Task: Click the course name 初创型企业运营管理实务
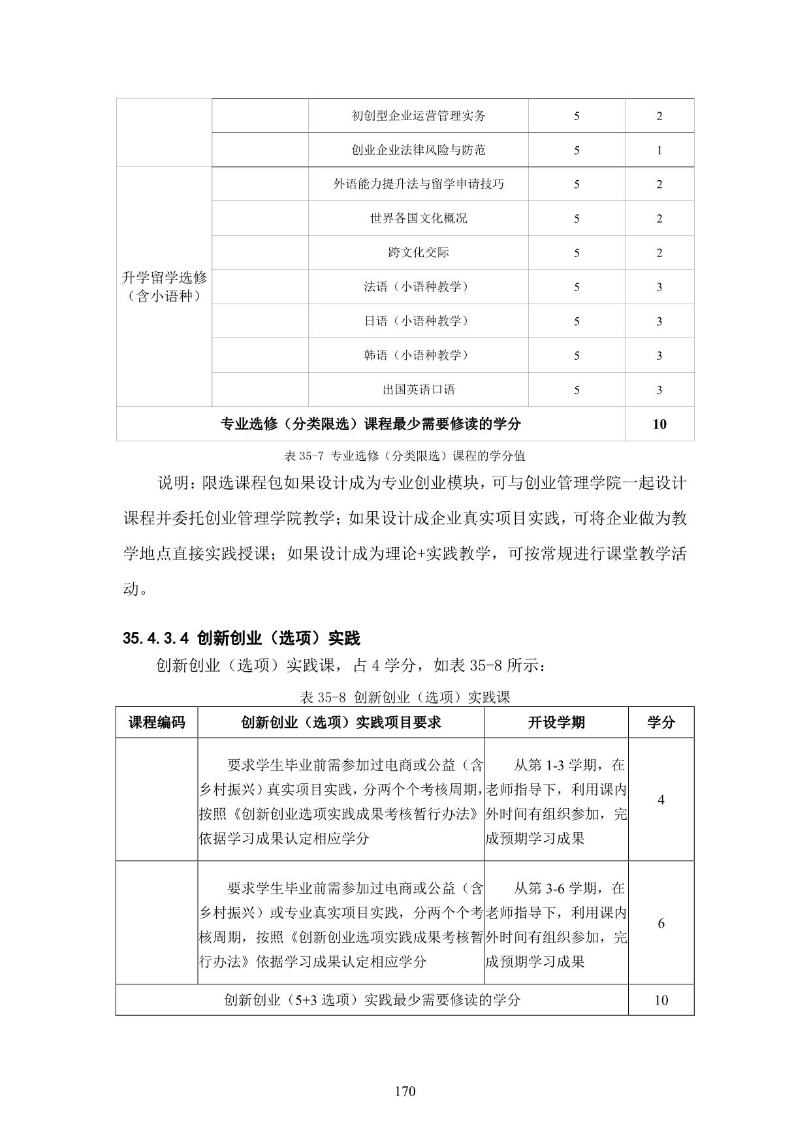pyautogui.click(x=419, y=116)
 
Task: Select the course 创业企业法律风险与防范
pyautogui.click(x=419, y=150)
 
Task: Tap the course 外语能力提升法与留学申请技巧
pyautogui.click(x=419, y=184)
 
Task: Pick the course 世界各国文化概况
pyautogui.click(x=419, y=218)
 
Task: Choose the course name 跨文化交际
pyautogui.click(x=419, y=253)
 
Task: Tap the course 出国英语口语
pyautogui.click(x=419, y=390)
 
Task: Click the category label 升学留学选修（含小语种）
pyautogui.click(x=165, y=287)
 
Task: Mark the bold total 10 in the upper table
pyautogui.click(x=659, y=424)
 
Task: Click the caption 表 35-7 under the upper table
pyautogui.click(x=405, y=455)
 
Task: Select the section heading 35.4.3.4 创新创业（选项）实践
pyautogui.click(x=242, y=638)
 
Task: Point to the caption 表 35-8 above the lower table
pyautogui.click(x=405, y=697)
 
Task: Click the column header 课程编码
pyautogui.click(x=157, y=722)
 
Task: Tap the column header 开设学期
pyautogui.click(x=556, y=722)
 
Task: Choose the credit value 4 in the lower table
pyautogui.click(x=661, y=800)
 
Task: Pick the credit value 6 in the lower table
pyautogui.click(x=661, y=923)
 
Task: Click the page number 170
pyautogui.click(x=405, y=1091)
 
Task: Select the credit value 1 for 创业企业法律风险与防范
pyautogui.click(x=659, y=150)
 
